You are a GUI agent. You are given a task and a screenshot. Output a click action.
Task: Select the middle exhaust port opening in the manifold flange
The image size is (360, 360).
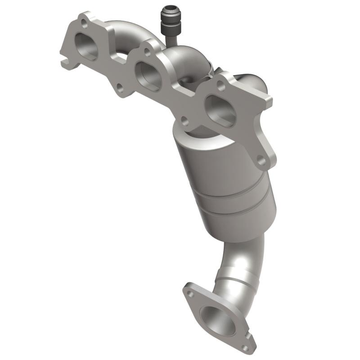click(x=148, y=76)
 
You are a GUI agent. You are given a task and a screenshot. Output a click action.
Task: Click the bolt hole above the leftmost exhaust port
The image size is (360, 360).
click(x=83, y=24)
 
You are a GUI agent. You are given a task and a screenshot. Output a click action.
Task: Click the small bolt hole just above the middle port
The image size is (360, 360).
click(x=147, y=52)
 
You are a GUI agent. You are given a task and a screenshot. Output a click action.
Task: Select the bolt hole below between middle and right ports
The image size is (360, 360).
click(x=184, y=120)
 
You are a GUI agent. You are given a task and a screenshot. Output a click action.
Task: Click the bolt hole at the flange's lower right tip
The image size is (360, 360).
click(x=261, y=158)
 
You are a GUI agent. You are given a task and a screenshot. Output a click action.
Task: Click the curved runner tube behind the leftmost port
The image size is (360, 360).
click(x=121, y=36)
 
